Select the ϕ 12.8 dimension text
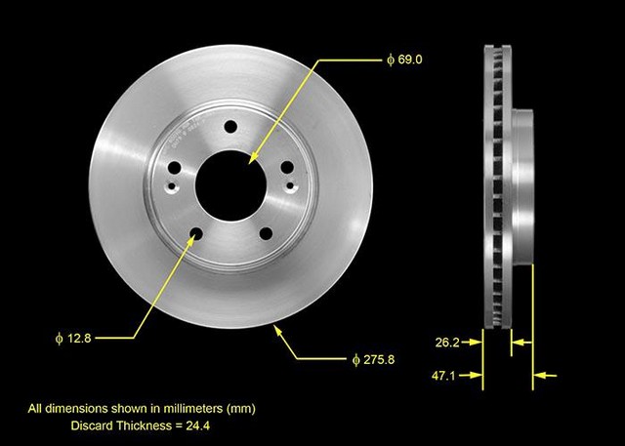[x=74, y=339]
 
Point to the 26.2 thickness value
[x=448, y=342]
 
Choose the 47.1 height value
[x=448, y=374]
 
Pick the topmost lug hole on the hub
[x=230, y=127]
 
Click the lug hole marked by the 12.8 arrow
[x=196, y=232]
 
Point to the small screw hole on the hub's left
[x=172, y=188]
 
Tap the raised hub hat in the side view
[x=523, y=185]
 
